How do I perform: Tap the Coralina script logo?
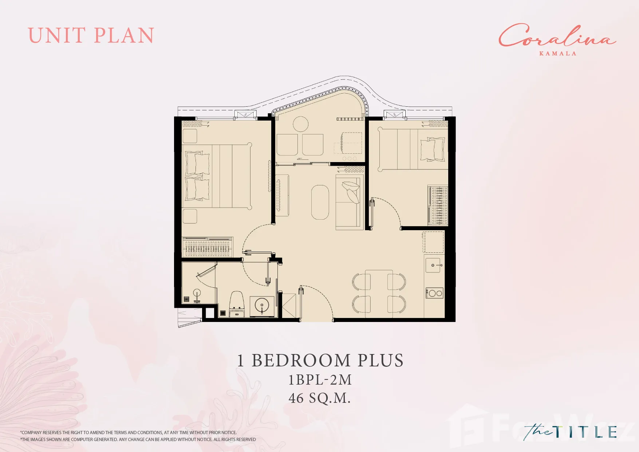[x=557, y=36]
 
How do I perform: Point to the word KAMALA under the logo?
[x=558, y=54]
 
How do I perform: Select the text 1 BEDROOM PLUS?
[x=320, y=361]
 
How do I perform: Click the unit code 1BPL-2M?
[x=320, y=380]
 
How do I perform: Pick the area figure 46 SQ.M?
[x=320, y=398]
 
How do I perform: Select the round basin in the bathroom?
[x=262, y=305]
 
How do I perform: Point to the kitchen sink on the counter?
[x=433, y=265]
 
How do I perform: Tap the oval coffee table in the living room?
[x=320, y=202]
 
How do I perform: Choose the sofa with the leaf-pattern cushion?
[x=350, y=202]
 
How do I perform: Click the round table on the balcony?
[x=301, y=124]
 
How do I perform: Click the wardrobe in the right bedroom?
[x=438, y=205]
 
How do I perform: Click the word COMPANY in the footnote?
[x=31, y=433]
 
